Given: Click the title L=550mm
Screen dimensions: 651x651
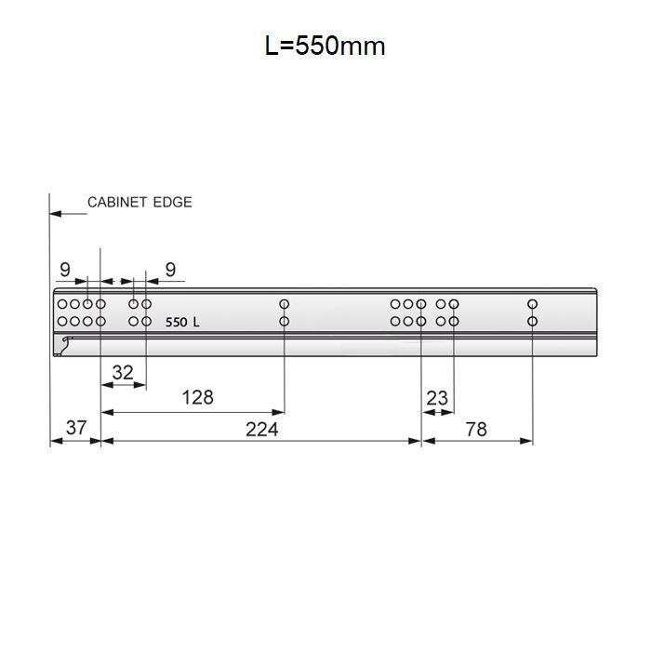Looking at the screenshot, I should pos(325,46).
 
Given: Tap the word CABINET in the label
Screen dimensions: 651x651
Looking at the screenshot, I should pos(117,202).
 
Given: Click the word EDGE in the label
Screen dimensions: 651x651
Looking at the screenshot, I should pos(172,202).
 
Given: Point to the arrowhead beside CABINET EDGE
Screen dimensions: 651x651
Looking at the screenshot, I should pos(56,214).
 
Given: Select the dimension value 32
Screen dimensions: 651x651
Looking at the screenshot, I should pos(123,373).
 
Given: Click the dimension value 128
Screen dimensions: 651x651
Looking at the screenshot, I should pos(197,397).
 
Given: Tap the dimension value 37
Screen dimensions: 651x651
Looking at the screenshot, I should pos(76,429).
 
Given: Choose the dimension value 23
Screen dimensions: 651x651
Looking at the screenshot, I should pos(437,398).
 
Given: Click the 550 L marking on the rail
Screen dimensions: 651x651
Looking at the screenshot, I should pos(182,323).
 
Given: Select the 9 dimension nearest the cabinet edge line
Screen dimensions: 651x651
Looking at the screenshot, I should pos(64,270).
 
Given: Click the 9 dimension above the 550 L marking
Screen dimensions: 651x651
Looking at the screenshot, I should pos(170,270).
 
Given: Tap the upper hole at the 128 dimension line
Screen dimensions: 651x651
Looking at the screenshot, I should pos(285,304).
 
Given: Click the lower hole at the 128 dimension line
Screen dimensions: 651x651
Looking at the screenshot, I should pos(285,322).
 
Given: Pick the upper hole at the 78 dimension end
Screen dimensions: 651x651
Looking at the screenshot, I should pos(533,304).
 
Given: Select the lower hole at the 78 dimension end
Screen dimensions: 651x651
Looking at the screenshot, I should pos(533,322).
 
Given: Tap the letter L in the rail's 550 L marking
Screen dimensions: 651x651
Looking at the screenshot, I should pos(195,323).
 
